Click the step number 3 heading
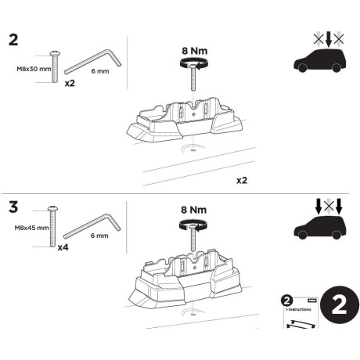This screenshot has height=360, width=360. (x=13, y=210)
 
